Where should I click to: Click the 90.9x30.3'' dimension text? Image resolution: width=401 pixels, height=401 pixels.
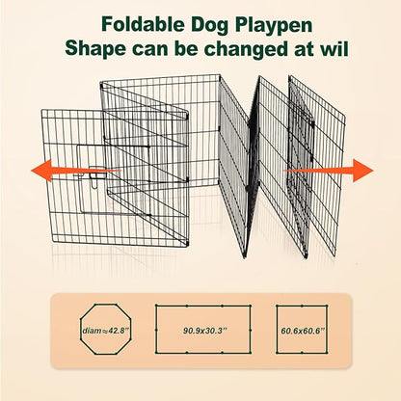200,331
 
